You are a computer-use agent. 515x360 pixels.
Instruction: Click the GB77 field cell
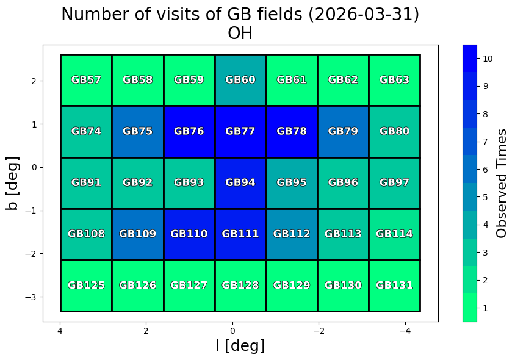tap(240, 131)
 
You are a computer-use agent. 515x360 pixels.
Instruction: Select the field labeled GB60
tap(240, 80)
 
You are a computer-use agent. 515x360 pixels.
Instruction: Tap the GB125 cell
tap(86, 285)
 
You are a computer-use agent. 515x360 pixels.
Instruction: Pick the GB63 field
tap(394, 80)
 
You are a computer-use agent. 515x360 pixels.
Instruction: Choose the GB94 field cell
tap(240, 182)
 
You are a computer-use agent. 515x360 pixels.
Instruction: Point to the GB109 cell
tap(137, 234)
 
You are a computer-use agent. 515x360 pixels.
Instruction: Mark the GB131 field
tap(394, 285)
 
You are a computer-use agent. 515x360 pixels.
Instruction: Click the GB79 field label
tap(343, 131)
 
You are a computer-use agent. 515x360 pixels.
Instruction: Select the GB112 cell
tap(292, 234)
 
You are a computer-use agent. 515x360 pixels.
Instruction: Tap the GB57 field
tap(86, 80)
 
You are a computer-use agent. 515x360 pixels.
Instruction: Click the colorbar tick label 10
tap(488, 59)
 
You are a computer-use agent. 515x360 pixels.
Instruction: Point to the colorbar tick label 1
tap(485, 308)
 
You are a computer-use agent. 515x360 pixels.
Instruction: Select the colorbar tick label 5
tap(485, 197)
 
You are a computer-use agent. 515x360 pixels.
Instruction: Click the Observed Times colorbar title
tap(502, 183)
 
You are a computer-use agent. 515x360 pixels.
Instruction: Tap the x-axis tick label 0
tap(232, 331)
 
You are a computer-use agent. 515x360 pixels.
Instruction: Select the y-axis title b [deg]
tap(13, 183)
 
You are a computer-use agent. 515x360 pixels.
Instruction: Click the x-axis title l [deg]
tap(240, 346)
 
